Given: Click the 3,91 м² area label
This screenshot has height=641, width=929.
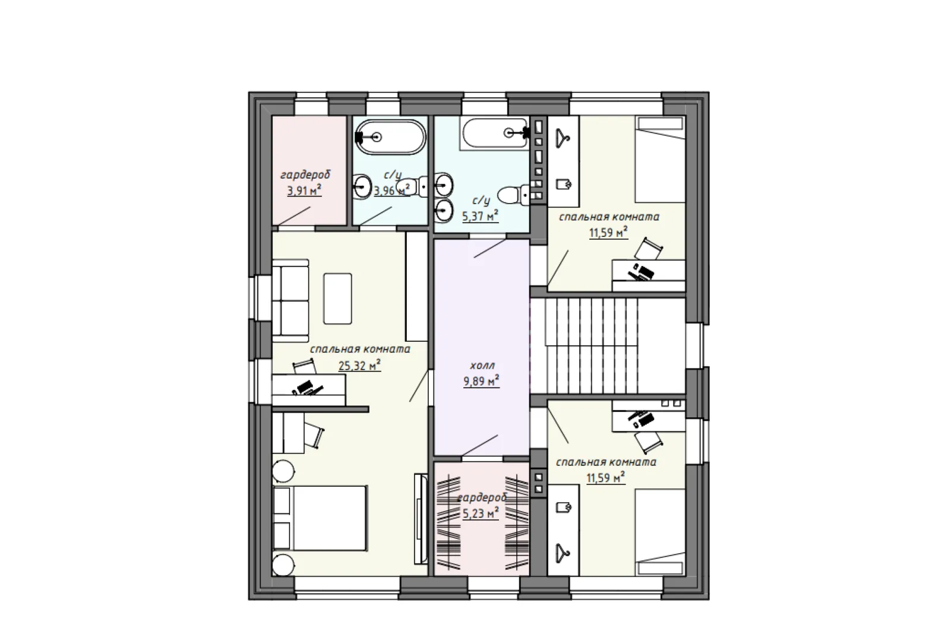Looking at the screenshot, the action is click(x=304, y=191).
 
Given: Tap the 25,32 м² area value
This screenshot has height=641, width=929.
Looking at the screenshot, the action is click(x=359, y=366).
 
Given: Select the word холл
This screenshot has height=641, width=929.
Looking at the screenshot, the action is click(x=482, y=366).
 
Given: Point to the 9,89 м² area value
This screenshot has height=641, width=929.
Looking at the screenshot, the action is click(x=481, y=381).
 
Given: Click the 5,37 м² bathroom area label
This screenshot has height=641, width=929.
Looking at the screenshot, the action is click(x=481, y=216).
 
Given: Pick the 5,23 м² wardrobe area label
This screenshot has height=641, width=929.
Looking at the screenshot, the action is click(x=481, y=513).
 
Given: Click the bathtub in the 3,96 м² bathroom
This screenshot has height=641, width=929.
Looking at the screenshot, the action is click(x=390, y=137).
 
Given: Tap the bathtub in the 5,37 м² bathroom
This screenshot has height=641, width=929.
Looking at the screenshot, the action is click(x=494, y=133).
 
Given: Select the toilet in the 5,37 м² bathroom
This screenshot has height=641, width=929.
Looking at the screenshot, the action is click(x=513, y=195).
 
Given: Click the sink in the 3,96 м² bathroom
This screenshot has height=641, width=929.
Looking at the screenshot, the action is click(x=362, y=186).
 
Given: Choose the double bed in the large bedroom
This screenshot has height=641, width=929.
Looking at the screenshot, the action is click(x=320, y=518).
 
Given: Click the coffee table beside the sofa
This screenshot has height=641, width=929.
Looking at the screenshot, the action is click(x=337, y=299).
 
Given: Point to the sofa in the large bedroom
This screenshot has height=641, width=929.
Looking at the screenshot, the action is click(x=290, y=297).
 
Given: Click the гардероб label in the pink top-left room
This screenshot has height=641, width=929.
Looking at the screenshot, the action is click(x=305, y=175).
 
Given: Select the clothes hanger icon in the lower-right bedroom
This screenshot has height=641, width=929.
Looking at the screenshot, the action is click(x=563, y=553).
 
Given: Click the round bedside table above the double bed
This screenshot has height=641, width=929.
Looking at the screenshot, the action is click(x=283, y=471).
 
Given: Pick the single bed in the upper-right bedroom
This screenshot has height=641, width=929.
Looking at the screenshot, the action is click(x=660, y=160).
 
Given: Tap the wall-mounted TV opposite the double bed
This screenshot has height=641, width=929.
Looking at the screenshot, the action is click(x=421, y=519).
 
